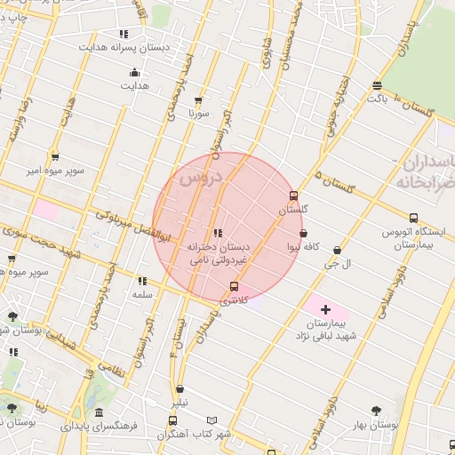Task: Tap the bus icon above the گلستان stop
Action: [294, 196]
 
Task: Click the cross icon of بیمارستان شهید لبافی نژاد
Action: [325, 310]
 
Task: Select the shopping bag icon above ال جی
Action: [337, 251]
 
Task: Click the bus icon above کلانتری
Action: [234, 286]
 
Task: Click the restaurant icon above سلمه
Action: [142, 281]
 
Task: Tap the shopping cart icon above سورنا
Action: [197, 100]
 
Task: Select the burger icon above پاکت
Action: [378, 85]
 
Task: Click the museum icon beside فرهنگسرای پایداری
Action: [97, 414]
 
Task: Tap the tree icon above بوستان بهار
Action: [376, 411]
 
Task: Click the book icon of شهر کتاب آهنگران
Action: [211, 420]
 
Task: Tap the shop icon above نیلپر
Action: [180, 389]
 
